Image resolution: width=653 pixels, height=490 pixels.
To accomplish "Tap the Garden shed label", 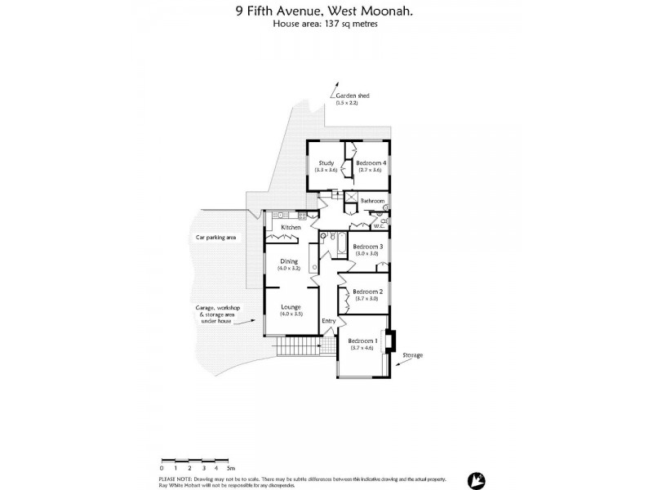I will pos(353,96).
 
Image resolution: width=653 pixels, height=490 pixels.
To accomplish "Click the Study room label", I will pos(326,163).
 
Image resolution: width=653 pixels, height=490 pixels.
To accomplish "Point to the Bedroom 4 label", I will pos(371,163).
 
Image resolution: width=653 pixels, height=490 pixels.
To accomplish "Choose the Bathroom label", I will pos(373,200).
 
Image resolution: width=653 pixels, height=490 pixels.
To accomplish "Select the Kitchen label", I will pos(291,227).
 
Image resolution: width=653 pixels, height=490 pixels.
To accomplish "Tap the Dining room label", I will pos(289,261).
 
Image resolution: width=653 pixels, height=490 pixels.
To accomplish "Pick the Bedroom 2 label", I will pos(367,292).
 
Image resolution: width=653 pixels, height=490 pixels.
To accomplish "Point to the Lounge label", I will pos(291,307).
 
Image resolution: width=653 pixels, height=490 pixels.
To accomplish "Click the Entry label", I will pos(329,321).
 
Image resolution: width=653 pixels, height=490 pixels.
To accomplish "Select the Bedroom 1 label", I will pos(362,341).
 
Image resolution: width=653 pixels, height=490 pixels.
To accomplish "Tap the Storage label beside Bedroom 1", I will pos(412,356).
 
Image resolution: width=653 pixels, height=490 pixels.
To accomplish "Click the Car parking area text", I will pos(215,238).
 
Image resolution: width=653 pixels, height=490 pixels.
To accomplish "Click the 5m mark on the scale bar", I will pos(232,468).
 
